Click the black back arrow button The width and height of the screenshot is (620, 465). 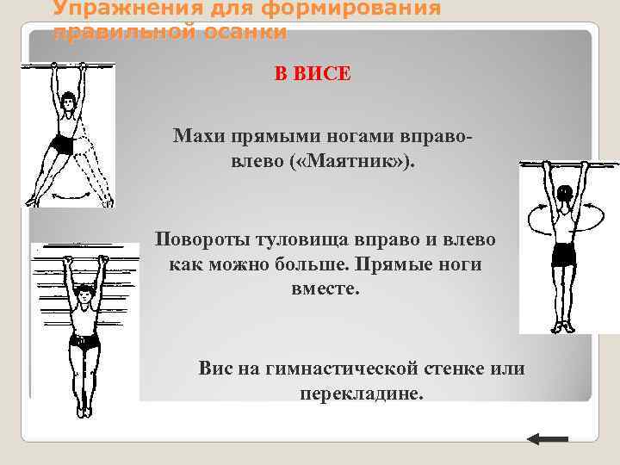[x=547, y=439]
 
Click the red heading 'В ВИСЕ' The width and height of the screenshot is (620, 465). [x=313, y=74]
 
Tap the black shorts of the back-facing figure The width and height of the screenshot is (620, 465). [x=563, y=255]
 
